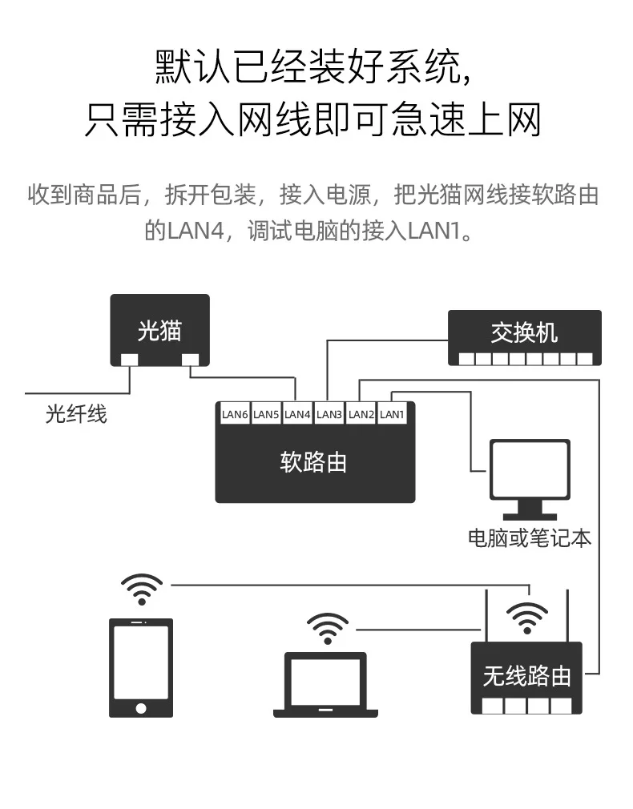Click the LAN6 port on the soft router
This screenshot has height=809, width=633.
(235, 414)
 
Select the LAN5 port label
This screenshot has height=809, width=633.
(266, 414)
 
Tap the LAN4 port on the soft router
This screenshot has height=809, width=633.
(297, 414)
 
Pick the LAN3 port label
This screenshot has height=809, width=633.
(329, 414)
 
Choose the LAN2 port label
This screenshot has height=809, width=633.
(361, 414)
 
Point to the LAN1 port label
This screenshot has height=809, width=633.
(392, 414)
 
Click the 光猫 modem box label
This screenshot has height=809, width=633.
(159, 331)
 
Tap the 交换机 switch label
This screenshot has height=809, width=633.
(524, 332)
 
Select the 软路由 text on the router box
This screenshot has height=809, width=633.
(313, 461)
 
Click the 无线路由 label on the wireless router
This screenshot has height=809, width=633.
(526, 675)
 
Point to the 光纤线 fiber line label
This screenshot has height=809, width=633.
(76, 414)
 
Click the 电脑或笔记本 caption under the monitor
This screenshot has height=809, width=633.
(530, 538)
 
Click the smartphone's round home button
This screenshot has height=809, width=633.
(141, 708)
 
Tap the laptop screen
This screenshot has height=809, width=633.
(325, 681)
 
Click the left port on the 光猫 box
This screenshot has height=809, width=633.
(129, 360)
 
